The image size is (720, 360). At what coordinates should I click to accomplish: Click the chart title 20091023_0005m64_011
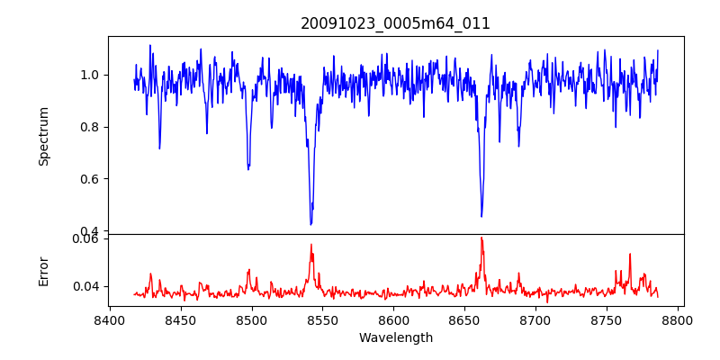click(395, 23)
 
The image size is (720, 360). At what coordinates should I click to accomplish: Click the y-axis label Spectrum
click(43, 136)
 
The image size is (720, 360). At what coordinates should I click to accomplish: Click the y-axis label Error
click(43, 270)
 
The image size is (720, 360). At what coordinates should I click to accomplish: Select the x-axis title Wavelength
click(395, 337)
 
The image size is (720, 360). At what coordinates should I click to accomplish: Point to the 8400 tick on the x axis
click(109, 319)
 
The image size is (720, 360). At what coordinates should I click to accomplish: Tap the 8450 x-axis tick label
click(180, 319)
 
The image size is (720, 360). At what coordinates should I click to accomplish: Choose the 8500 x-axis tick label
click(251, 319)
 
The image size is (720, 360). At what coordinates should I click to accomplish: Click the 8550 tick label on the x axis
click(322, 319)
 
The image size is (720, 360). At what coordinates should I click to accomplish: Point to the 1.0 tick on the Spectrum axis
click(91, 75)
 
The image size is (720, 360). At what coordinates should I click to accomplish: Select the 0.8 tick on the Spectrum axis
click(91, 127)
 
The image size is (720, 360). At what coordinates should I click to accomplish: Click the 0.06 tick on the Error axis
click(87, 238)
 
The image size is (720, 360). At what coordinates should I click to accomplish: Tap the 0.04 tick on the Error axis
click(87, 286)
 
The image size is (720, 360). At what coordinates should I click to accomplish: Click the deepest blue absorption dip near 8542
click(310, 224)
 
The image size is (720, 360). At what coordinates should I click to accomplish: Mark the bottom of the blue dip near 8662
click(481, 216)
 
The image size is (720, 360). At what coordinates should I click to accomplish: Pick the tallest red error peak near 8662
click(481, 238)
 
